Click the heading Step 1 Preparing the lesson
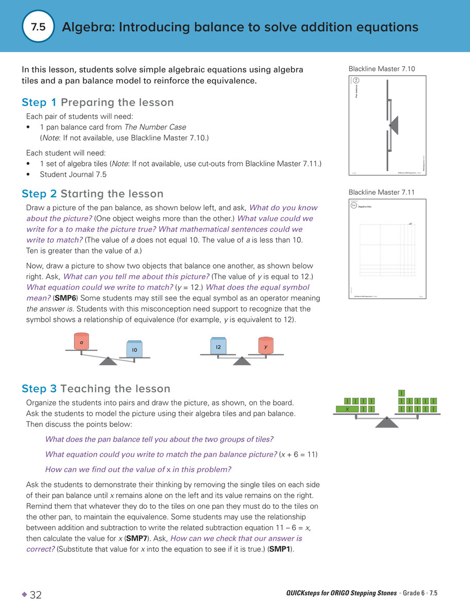[x=98, y=102]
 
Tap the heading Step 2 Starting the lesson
[x=92, y=194]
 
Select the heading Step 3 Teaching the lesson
[x=96, y=389]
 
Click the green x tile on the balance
[x=347, y=409]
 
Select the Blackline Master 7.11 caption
[x=381, y=193]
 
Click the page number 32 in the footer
[x=36, y=595]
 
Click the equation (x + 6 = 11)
[x=298, y=454]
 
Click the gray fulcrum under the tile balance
[x=387, y=423]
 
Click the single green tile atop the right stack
[x=402, y=392]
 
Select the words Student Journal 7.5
[x=73, y=174]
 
